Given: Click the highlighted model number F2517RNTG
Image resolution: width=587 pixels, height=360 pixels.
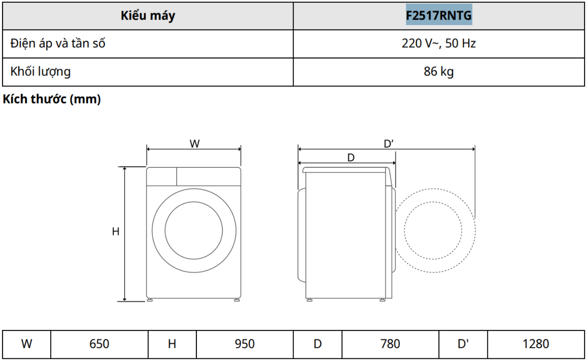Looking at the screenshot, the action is pyautogui.click(x=439, y=15).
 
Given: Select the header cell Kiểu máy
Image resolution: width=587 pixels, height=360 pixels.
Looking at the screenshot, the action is pyautogui.click(x=148, y=16).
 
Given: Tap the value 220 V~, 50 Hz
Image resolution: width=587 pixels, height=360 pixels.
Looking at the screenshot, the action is pyautogui.click(x=439, y=43).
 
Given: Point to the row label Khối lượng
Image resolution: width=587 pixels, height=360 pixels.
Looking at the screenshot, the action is pyautogui.click(x=40, y=72).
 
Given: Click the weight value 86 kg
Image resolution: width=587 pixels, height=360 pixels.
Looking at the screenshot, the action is pyautogui.click(x=439, y=72).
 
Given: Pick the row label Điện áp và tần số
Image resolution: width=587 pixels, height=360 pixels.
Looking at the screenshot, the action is pyautogui.click(x=58, y=43).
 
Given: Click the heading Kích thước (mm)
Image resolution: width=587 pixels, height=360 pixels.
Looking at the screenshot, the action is pyautogui.click(x=52, y=99).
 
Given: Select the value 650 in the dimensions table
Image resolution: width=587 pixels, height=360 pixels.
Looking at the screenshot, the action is pyautogui.click(x=99, y=344).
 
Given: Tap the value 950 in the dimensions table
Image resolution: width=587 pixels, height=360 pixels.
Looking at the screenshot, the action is pyautogui.click(x=244, y=344).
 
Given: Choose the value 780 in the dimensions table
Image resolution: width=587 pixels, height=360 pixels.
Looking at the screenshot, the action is pyautogui.click(x=390, y=344).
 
